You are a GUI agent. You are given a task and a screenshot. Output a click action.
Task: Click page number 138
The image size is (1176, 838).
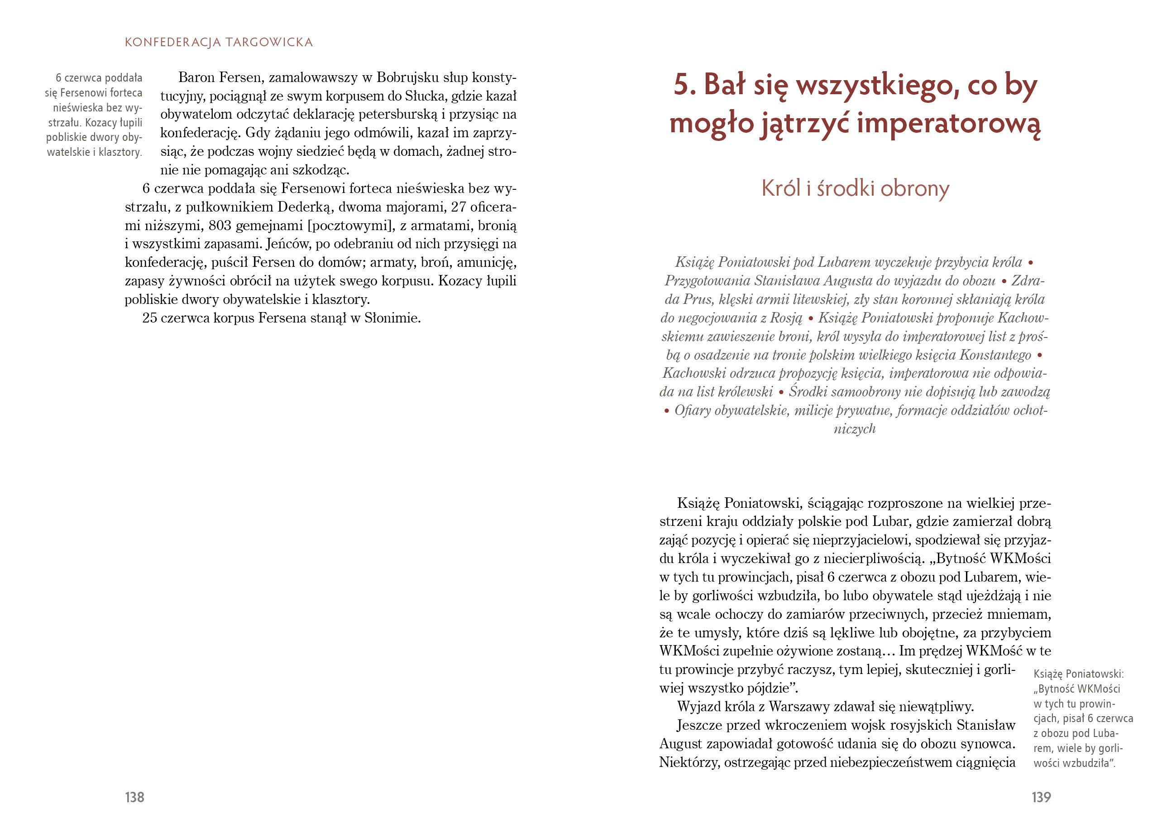(x=134, y=797)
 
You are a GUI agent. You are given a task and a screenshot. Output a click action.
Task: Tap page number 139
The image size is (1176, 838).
(x=1041, y=797)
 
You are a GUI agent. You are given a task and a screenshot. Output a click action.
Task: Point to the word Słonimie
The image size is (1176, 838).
(x=392, y=318)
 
